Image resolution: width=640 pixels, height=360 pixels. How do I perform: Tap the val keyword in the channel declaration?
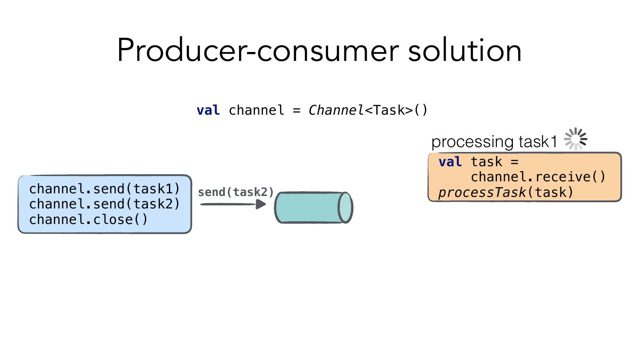point(208,110)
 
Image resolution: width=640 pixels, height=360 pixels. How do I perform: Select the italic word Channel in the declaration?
point(336,110)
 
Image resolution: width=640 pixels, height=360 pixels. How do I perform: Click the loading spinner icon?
point(576,139)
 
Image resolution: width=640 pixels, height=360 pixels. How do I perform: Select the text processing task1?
point(494,142)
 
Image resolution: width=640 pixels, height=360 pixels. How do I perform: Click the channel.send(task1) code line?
point(104,189)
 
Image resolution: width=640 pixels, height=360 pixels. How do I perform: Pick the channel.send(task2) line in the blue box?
point(104,204)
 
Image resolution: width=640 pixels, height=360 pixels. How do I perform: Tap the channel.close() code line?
point(88,220)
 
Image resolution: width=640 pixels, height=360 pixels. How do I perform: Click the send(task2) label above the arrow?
point(236,192)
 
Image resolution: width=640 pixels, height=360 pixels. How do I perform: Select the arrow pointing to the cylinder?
point(231,204)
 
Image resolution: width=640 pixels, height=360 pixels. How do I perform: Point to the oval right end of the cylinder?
point(345,208)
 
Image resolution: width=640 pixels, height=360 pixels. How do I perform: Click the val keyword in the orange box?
point(450,162)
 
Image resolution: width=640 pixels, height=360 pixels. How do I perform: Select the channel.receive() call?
point(538,177)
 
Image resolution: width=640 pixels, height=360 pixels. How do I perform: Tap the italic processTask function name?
point(482,192)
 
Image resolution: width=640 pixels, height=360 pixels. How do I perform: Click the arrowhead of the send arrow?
point(261,204)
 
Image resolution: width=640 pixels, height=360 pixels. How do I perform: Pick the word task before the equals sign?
point(487,162)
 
